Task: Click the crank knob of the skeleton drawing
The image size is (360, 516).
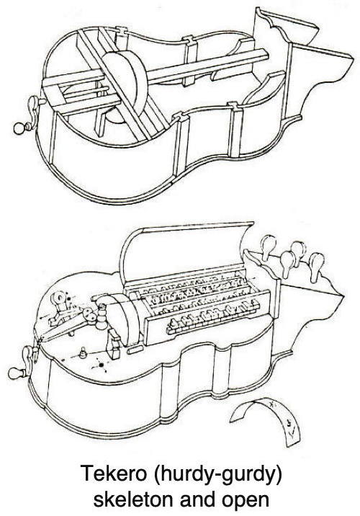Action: [x=19, y=128]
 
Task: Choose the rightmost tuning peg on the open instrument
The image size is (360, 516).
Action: [x=316, y=266]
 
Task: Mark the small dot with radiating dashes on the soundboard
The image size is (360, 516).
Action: [x=102, y=365]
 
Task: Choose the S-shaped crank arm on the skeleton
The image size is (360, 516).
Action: [x=34, y=112]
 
